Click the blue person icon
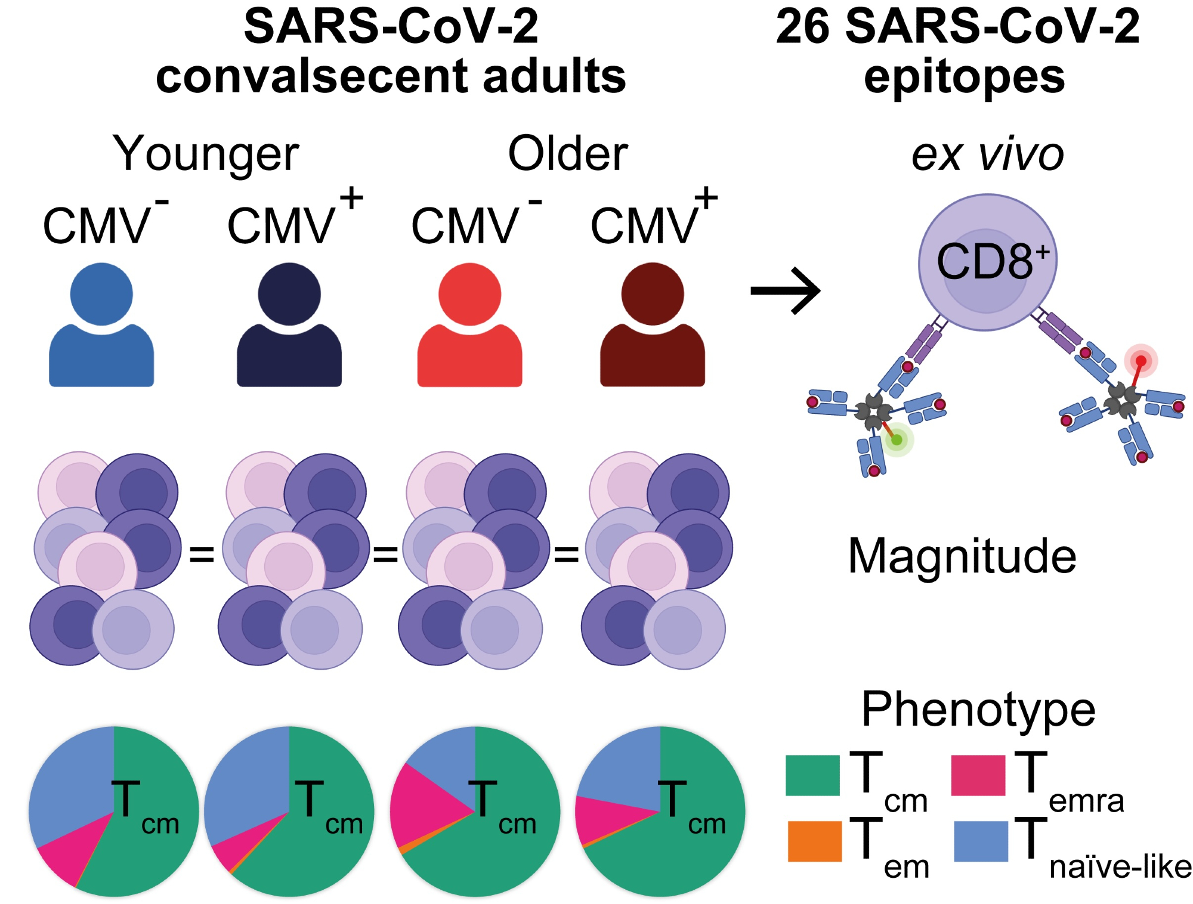tap(101, 328)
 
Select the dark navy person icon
tap(289, 328)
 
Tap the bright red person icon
tap(470, 328)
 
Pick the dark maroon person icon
tap(653, 328)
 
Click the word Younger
tap(206, 154)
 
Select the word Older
tap(567, 154)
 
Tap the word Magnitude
tap(962, 556)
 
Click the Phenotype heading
tap(978, 709)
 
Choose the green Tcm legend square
tap(812, 775)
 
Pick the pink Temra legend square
tap(978, 775)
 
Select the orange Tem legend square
tap(814, 841)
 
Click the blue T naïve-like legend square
tap(981, 841)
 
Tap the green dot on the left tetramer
tap(897, 440)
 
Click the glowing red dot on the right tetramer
tap(1141, 361)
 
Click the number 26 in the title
tap(802, 27)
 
